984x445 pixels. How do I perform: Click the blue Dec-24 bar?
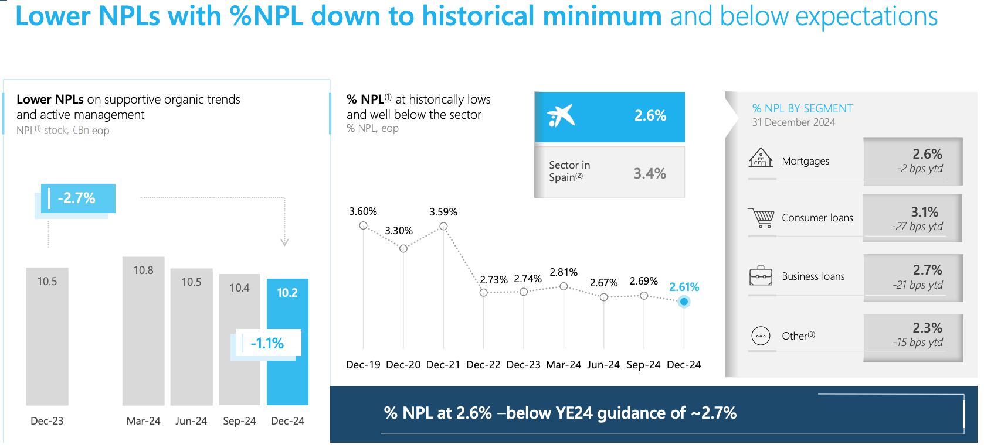287,375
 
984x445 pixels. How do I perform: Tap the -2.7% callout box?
77,198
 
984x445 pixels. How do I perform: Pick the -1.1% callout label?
268,343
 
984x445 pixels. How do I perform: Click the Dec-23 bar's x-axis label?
47,421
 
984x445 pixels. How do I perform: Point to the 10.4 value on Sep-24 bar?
239,288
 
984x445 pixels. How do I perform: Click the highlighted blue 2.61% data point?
684,302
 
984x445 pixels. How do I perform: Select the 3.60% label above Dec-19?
363,211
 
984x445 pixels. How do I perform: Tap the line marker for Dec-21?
443,226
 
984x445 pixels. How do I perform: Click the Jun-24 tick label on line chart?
603,365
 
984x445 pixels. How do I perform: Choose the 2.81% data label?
564,272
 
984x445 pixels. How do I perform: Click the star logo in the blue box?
561,116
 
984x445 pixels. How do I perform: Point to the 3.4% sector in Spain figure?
650,173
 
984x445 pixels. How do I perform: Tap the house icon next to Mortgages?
761,158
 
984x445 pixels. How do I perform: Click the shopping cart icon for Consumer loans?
761,218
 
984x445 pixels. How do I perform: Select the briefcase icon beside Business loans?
761,276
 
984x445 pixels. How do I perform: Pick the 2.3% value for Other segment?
927,328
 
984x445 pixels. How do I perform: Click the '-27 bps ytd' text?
918,227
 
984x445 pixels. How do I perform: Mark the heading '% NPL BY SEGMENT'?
802,108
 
